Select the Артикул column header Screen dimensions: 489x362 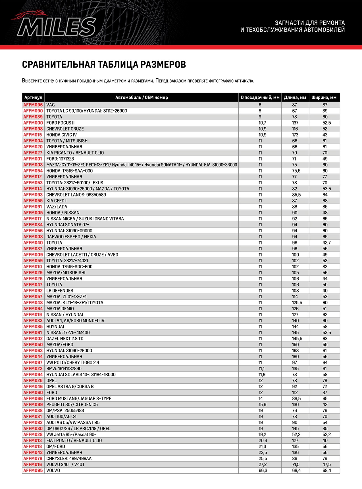[x=33, y=98]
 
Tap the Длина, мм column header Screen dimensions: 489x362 [x=295, y=98]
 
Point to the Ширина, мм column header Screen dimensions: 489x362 [x=324, y=98]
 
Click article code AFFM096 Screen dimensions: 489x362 [x=33, y=105]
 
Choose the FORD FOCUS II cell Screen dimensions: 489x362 [x=61, y=123]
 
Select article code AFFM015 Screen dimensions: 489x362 [x=33, y=135]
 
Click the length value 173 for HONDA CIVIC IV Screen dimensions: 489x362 [x=295, y=135]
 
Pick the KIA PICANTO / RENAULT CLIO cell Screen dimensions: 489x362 [x=75, y=153]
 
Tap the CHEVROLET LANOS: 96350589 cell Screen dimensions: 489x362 [x=76, y=195]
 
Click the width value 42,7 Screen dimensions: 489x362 [x=325, y=243]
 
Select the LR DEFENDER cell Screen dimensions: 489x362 [x=60, y=291]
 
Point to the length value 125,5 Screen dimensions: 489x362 [x=297, y=303]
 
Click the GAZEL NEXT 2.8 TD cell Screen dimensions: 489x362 [x=65, y=339]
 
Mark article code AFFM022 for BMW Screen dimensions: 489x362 [x=33, y=369]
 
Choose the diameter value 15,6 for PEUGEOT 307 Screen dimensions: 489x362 [x=262, y=405]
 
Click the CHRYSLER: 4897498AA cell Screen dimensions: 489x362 [x=69, y=459]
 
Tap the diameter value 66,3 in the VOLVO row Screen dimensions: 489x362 [x=263, y=471]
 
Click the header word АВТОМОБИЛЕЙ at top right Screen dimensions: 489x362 [x=324, y=30]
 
